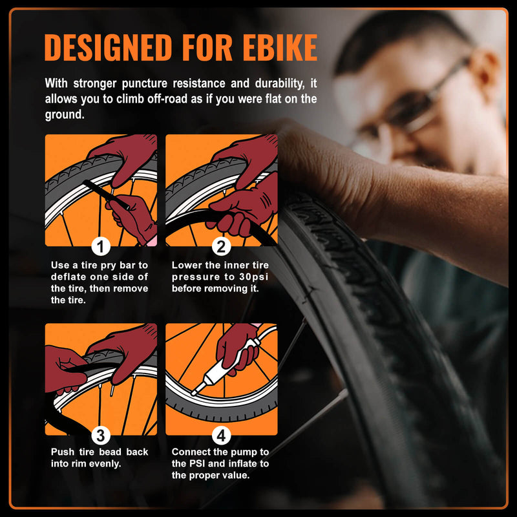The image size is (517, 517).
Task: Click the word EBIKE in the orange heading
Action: [x=280, y=47]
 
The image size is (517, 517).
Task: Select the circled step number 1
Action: [x=101, y=247]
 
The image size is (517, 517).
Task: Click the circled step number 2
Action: [x=221, y=247]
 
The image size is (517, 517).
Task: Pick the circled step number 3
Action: [x=101, y=435]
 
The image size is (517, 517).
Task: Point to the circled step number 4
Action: [x=221, y=435]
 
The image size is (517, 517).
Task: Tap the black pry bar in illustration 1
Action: [x=106, y=195]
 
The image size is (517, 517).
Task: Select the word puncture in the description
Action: [x=144, y=84]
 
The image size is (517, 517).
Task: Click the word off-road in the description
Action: [x=167, y=99]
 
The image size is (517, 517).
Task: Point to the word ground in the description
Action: [x=63, y=115]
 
